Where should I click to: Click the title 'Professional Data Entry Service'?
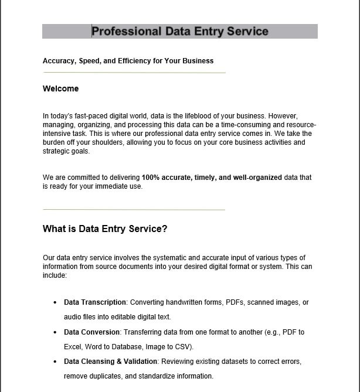[180, 32]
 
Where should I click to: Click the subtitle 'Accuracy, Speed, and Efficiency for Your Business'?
[128, 61]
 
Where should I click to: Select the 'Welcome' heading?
[60, 89]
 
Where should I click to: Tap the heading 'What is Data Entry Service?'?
[105, 229]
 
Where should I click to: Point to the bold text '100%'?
[150, 177]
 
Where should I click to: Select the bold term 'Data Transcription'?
[95, 302]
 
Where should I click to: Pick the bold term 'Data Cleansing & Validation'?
[110, 362]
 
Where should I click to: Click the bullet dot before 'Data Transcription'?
[55, 303]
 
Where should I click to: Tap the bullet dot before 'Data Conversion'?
[55, 332]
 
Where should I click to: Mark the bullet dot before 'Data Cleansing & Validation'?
[55, 362]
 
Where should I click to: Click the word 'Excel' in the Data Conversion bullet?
[73, 347]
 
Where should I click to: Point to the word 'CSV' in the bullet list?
[182, 347]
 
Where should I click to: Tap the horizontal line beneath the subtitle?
[134, 73]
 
